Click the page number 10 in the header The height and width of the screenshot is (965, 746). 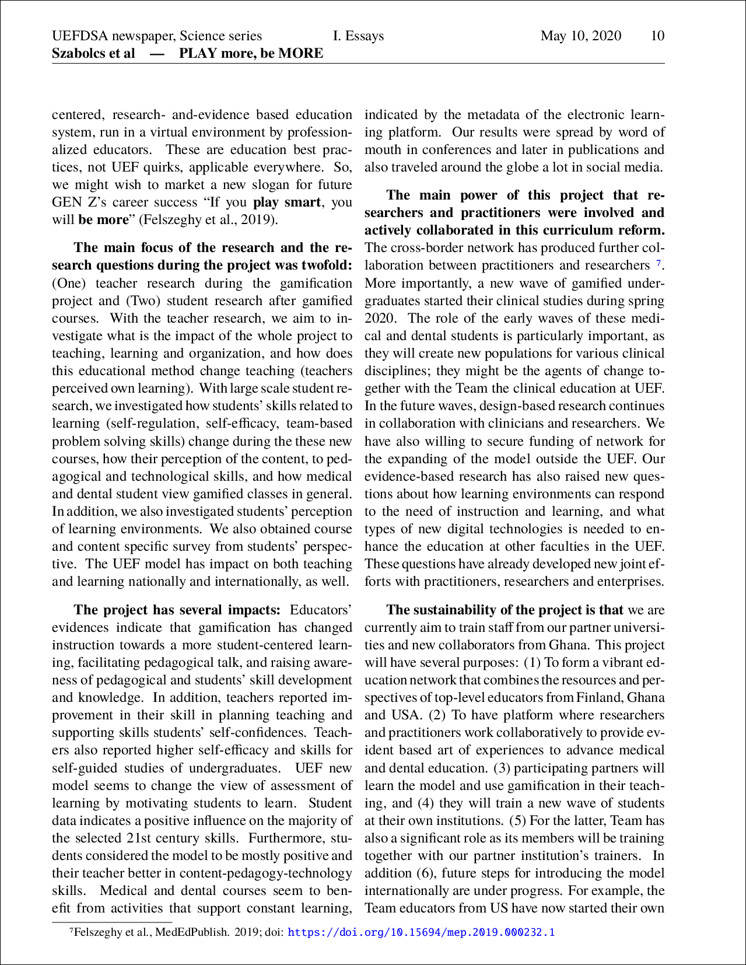click(x=657, y=36)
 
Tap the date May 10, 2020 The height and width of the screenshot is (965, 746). click(x=580, y=36)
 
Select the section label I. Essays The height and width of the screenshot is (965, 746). click(x=358, y=36)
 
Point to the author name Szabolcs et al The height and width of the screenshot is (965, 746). click(x=93, y=54)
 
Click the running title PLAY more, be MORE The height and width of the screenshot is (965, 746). click(x=251, y=54)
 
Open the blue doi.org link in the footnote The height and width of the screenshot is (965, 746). click(x=421, y=932)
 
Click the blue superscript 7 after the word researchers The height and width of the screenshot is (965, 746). click(x=659, y=264)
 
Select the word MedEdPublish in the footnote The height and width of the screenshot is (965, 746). click(x=192, y=932)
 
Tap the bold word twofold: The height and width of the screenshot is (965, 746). click(x=327, y=265)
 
